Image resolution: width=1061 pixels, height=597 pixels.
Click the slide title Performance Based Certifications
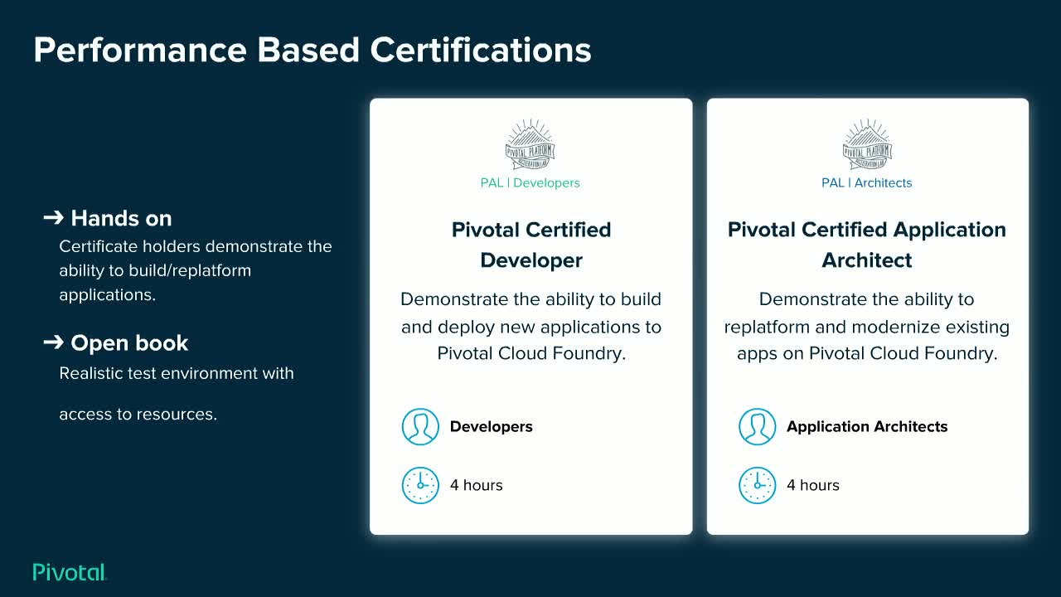[312, 50]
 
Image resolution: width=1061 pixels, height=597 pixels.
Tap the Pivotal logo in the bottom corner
[70, 572]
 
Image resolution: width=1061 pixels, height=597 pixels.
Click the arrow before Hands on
[53, 218]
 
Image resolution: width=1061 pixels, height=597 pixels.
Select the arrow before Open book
[53, 342]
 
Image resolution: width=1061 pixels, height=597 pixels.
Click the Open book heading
[129, 343]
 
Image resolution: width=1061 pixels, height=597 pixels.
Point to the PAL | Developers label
[530, 182]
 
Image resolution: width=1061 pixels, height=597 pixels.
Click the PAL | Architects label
[866, 182]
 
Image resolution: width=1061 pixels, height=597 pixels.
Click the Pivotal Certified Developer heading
[531, 245]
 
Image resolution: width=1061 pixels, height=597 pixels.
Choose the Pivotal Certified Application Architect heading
[867, 245]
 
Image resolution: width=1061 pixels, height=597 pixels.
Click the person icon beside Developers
[420, 427]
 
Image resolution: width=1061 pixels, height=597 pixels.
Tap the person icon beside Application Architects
[757, 427]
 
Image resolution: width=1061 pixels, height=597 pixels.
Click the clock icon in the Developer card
[420, 485]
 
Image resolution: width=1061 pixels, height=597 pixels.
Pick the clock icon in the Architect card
[757, 485]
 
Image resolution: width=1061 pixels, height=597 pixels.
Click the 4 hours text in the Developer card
[477, 485]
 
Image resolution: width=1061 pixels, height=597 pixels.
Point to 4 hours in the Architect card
[813, 485]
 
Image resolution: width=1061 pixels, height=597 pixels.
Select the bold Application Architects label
[867, 427]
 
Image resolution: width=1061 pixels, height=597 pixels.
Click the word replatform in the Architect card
[764, 327]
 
